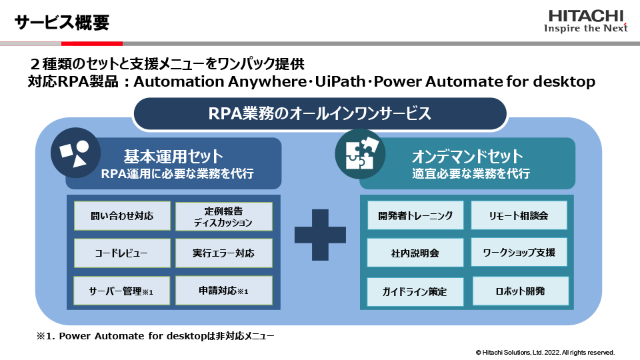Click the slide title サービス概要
click(62, 22)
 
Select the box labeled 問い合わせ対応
click(122, 216)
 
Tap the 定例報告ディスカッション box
click(223, 216)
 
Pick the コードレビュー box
click(122, 253)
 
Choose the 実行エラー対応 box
click(223, 253)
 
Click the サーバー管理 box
click(122, 291)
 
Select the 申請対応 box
click(223, 291)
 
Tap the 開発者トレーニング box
click(415, 215)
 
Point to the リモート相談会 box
click(519, 215)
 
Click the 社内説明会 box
click(415, 253)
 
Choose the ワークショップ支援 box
click(519, 253)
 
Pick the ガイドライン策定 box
click(415, 291)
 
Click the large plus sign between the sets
click(320, 235)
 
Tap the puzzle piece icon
click(360, 154)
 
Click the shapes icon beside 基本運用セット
click(75, 153)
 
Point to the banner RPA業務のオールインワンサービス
click(320, 114)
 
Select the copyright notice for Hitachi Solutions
click(545, 352)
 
